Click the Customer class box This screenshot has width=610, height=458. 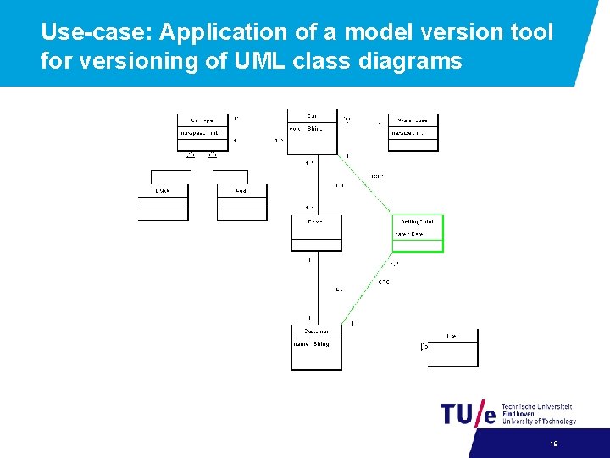click(317, 348)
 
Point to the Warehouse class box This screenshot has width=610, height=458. click(413, 132)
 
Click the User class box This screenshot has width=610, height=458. click(453, 348)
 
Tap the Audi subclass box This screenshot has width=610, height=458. click(241, 202)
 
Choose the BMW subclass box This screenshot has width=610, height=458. click(162, 202)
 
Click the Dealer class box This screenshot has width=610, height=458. click(317, 233)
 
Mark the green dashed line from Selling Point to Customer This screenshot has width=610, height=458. click(373, 288)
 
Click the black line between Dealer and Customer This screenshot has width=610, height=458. click(317, 288)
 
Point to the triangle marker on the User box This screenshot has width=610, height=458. click(424, 347)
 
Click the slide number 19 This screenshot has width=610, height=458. click(553, 444)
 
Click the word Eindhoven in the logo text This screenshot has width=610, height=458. click(519, 414)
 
